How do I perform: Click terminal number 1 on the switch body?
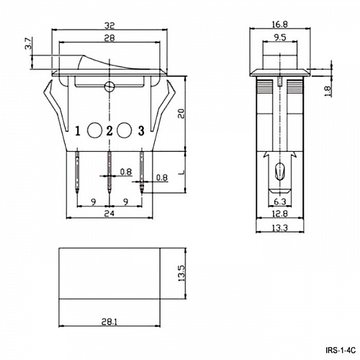pos(78,130)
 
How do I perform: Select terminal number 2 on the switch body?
pos(109,130)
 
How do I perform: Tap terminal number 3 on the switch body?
pos(141,130)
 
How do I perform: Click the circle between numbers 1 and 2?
pos(94,130)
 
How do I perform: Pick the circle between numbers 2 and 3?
pos(124,130)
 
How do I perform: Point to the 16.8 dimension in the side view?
pos(282,23)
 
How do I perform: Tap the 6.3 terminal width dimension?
pos(282,202)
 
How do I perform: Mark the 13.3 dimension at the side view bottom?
pos(282,229)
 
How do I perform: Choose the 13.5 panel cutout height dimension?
pos(181,275)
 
